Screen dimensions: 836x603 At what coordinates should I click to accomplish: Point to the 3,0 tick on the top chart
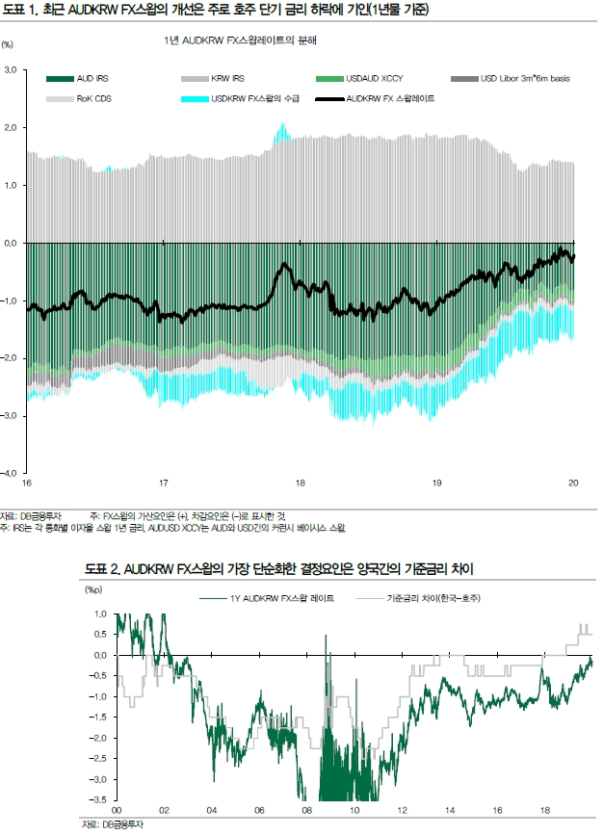point(12,70)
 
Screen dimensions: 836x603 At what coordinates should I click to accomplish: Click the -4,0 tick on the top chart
point(11,473)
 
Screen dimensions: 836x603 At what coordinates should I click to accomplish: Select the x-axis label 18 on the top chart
point(301,483)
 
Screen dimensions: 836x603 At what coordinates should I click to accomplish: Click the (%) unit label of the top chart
point(9,44)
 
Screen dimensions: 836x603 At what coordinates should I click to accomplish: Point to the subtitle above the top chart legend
point(241,41)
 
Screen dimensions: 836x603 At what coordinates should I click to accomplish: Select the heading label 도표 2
point(102,571)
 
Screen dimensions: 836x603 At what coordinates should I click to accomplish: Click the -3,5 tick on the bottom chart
point(100,799)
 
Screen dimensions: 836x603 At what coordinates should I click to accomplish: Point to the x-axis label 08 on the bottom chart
point(307,811)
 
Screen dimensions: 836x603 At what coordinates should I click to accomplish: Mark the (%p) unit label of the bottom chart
point(92,588)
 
